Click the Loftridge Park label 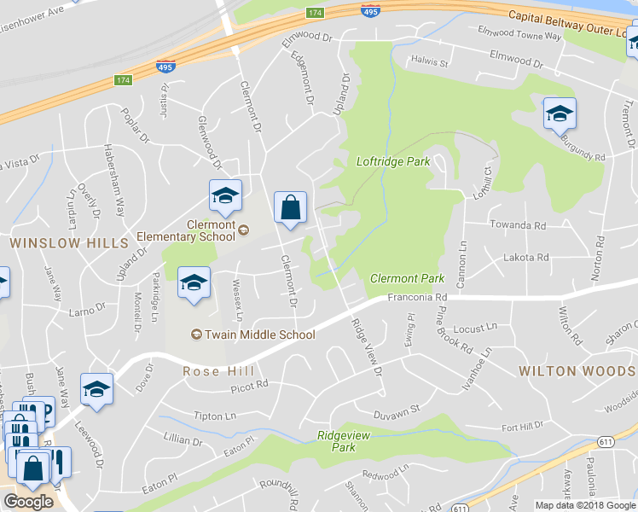(392, 161)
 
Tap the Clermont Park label (407, 279)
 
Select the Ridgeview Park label (336, 440)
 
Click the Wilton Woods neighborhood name (577, 371)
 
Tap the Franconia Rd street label (417, 297)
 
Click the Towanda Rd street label (517, 225)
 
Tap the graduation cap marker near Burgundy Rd (560, 114)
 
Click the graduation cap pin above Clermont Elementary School (225, 196)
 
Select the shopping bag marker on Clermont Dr (290, 207)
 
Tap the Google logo (28, 502)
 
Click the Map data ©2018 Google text (585, 505)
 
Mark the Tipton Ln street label (214, 416)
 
